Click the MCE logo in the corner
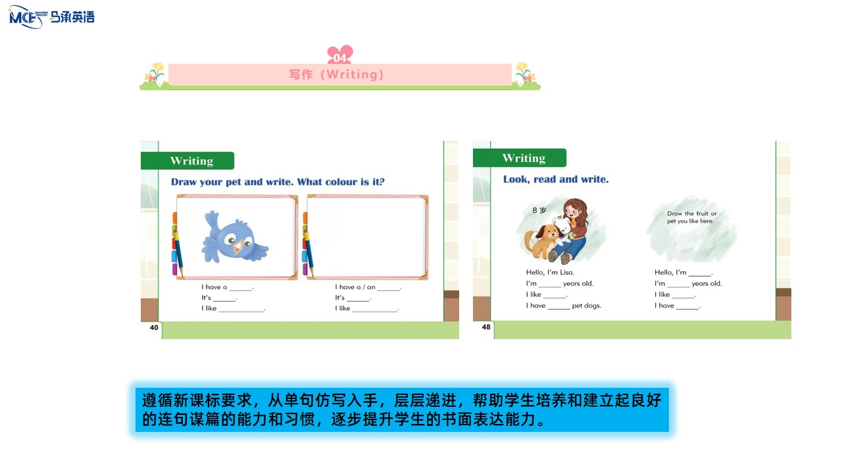tap(51, 17)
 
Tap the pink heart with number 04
tap(340, 55)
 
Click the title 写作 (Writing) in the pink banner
tap(336, 74)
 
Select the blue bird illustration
tap(235, 237)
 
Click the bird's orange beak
tap(238, 247)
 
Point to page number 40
tap(154, 328)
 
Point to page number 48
tap(486, 327)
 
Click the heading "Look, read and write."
tap(556, 180)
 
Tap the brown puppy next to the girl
tap(543, 242)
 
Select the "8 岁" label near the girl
tap(539, 210)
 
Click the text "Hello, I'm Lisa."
tap(550, 273)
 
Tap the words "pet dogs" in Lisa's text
tap(586, 306)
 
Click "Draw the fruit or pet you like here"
tap(691, 217)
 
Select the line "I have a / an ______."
tap(368, 287)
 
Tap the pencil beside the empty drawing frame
tap(309, 248)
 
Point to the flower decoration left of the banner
tap(154, 76)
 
